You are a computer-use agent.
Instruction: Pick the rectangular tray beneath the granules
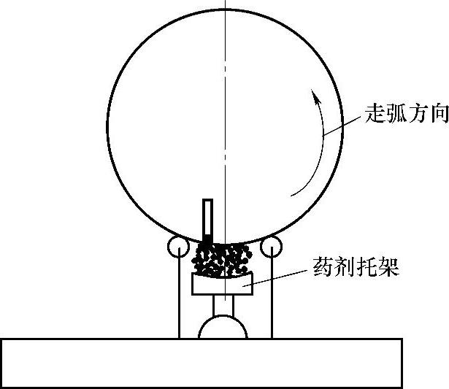(x=222, y=285)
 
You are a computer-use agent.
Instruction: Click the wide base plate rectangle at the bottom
(x=201, y=363)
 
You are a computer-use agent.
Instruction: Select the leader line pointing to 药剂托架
(x=277, y=276)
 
